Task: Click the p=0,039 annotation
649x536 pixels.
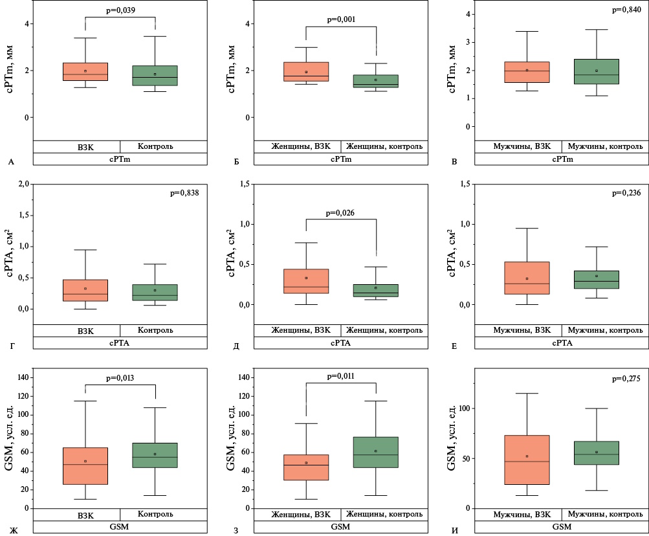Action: [120, 10]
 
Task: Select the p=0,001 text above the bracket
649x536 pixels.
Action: [340, 19]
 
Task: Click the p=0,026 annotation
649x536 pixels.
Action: [340, 212]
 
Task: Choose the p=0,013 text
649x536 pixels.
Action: [120, 377]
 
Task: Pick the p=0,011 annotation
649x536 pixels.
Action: [340, 376]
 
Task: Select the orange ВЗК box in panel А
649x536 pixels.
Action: [85, 72]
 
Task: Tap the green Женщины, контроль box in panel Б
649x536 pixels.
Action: [376, 81]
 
